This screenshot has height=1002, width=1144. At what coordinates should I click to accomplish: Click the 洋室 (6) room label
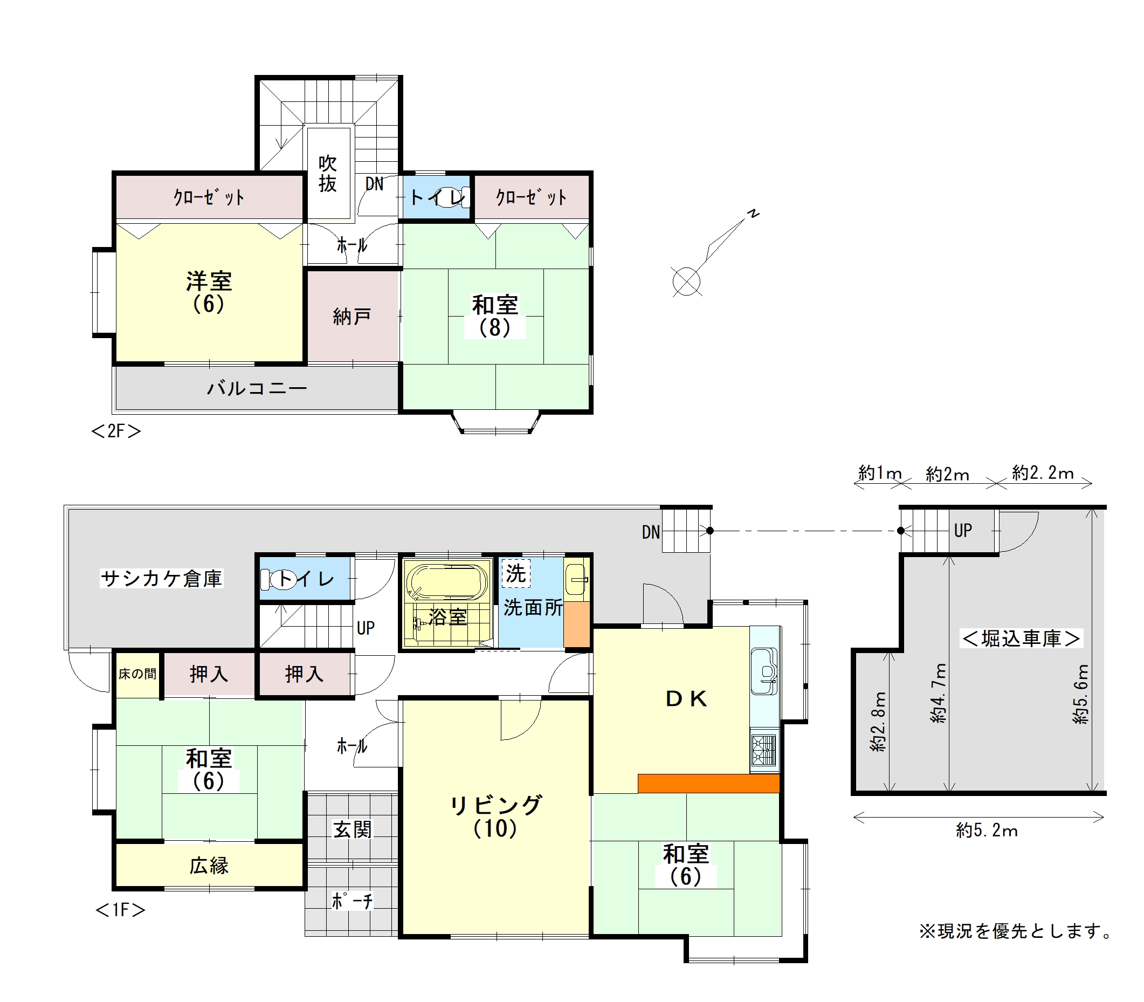tap(209, 292)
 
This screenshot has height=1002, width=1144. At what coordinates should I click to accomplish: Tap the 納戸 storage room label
tap(352, 317)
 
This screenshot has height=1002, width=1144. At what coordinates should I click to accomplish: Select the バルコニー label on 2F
tap(257, 388)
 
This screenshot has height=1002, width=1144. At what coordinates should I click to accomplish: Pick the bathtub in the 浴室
tap(446, 581)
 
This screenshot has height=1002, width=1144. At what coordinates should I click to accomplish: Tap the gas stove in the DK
tap(764, 750)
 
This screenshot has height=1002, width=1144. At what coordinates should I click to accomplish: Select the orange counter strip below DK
tap(708, 784)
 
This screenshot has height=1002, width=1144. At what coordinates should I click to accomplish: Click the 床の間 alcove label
tap(137, 674)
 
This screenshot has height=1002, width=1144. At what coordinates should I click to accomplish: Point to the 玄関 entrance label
tap(352, 829)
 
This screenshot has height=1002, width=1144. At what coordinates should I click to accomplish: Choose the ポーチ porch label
tap(352, 901)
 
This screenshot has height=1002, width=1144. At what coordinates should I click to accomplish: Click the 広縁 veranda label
tap(209, 866)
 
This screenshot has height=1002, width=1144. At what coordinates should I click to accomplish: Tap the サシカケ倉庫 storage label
tap(162, 578)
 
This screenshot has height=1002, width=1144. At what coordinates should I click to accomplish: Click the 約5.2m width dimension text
tap(987, 831)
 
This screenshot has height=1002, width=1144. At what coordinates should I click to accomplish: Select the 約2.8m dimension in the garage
tap(879, 722)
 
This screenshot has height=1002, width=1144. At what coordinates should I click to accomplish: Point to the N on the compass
tap(754, 214)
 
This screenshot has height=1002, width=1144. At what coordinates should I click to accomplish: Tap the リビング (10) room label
tap(495, 816)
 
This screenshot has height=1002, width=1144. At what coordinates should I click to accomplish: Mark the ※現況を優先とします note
tap(1016, 931)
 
